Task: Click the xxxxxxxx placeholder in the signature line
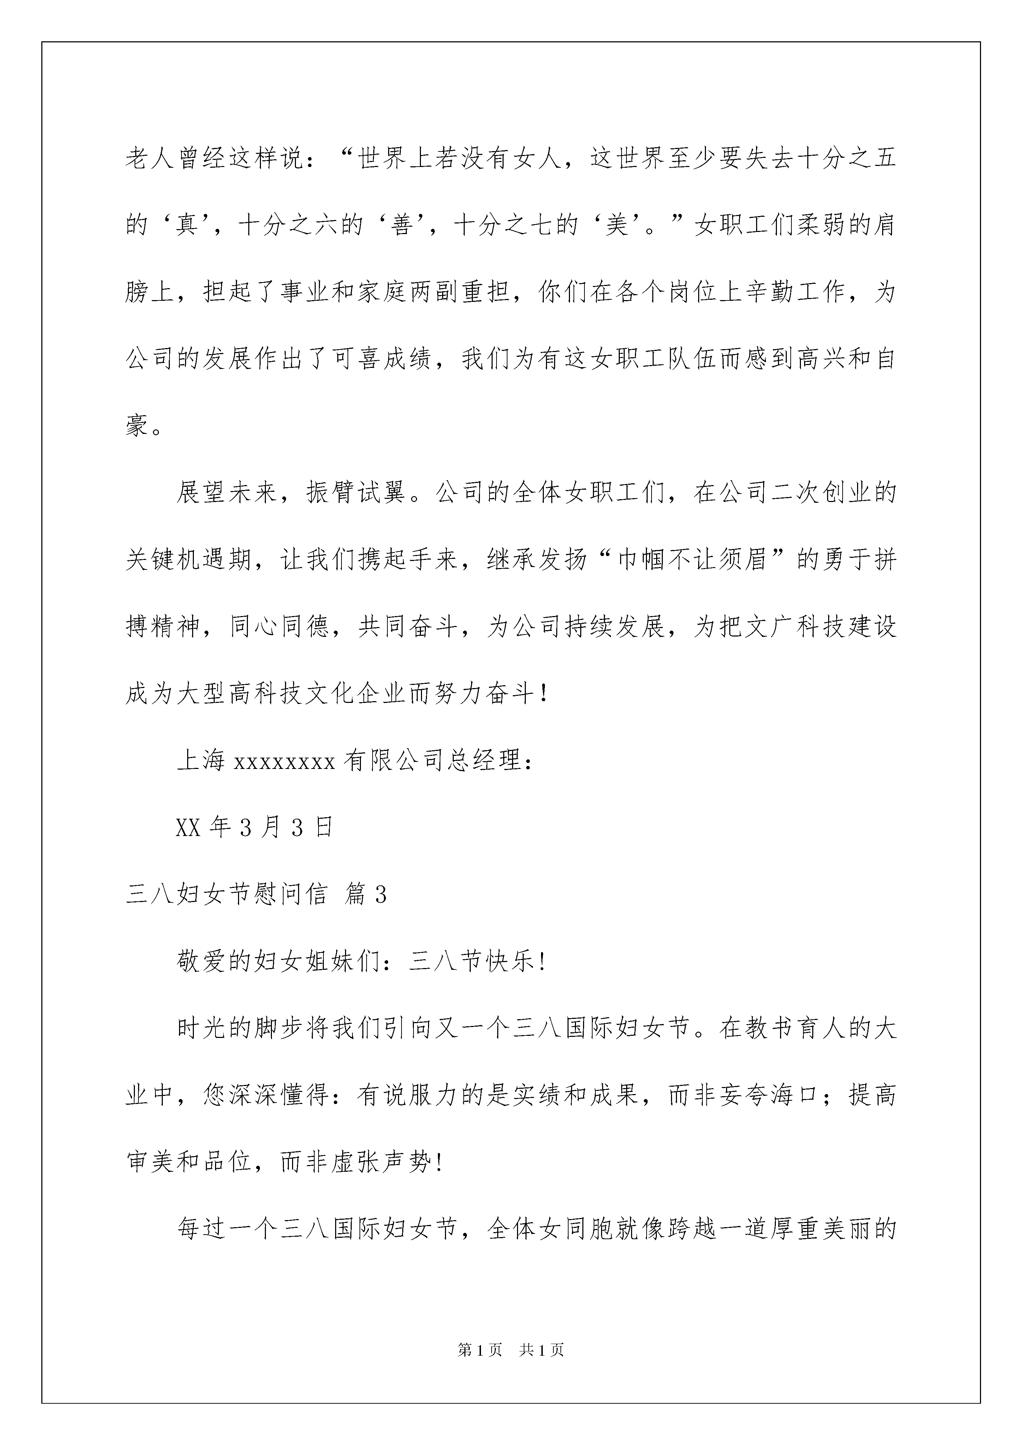click(x=285, y=762)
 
